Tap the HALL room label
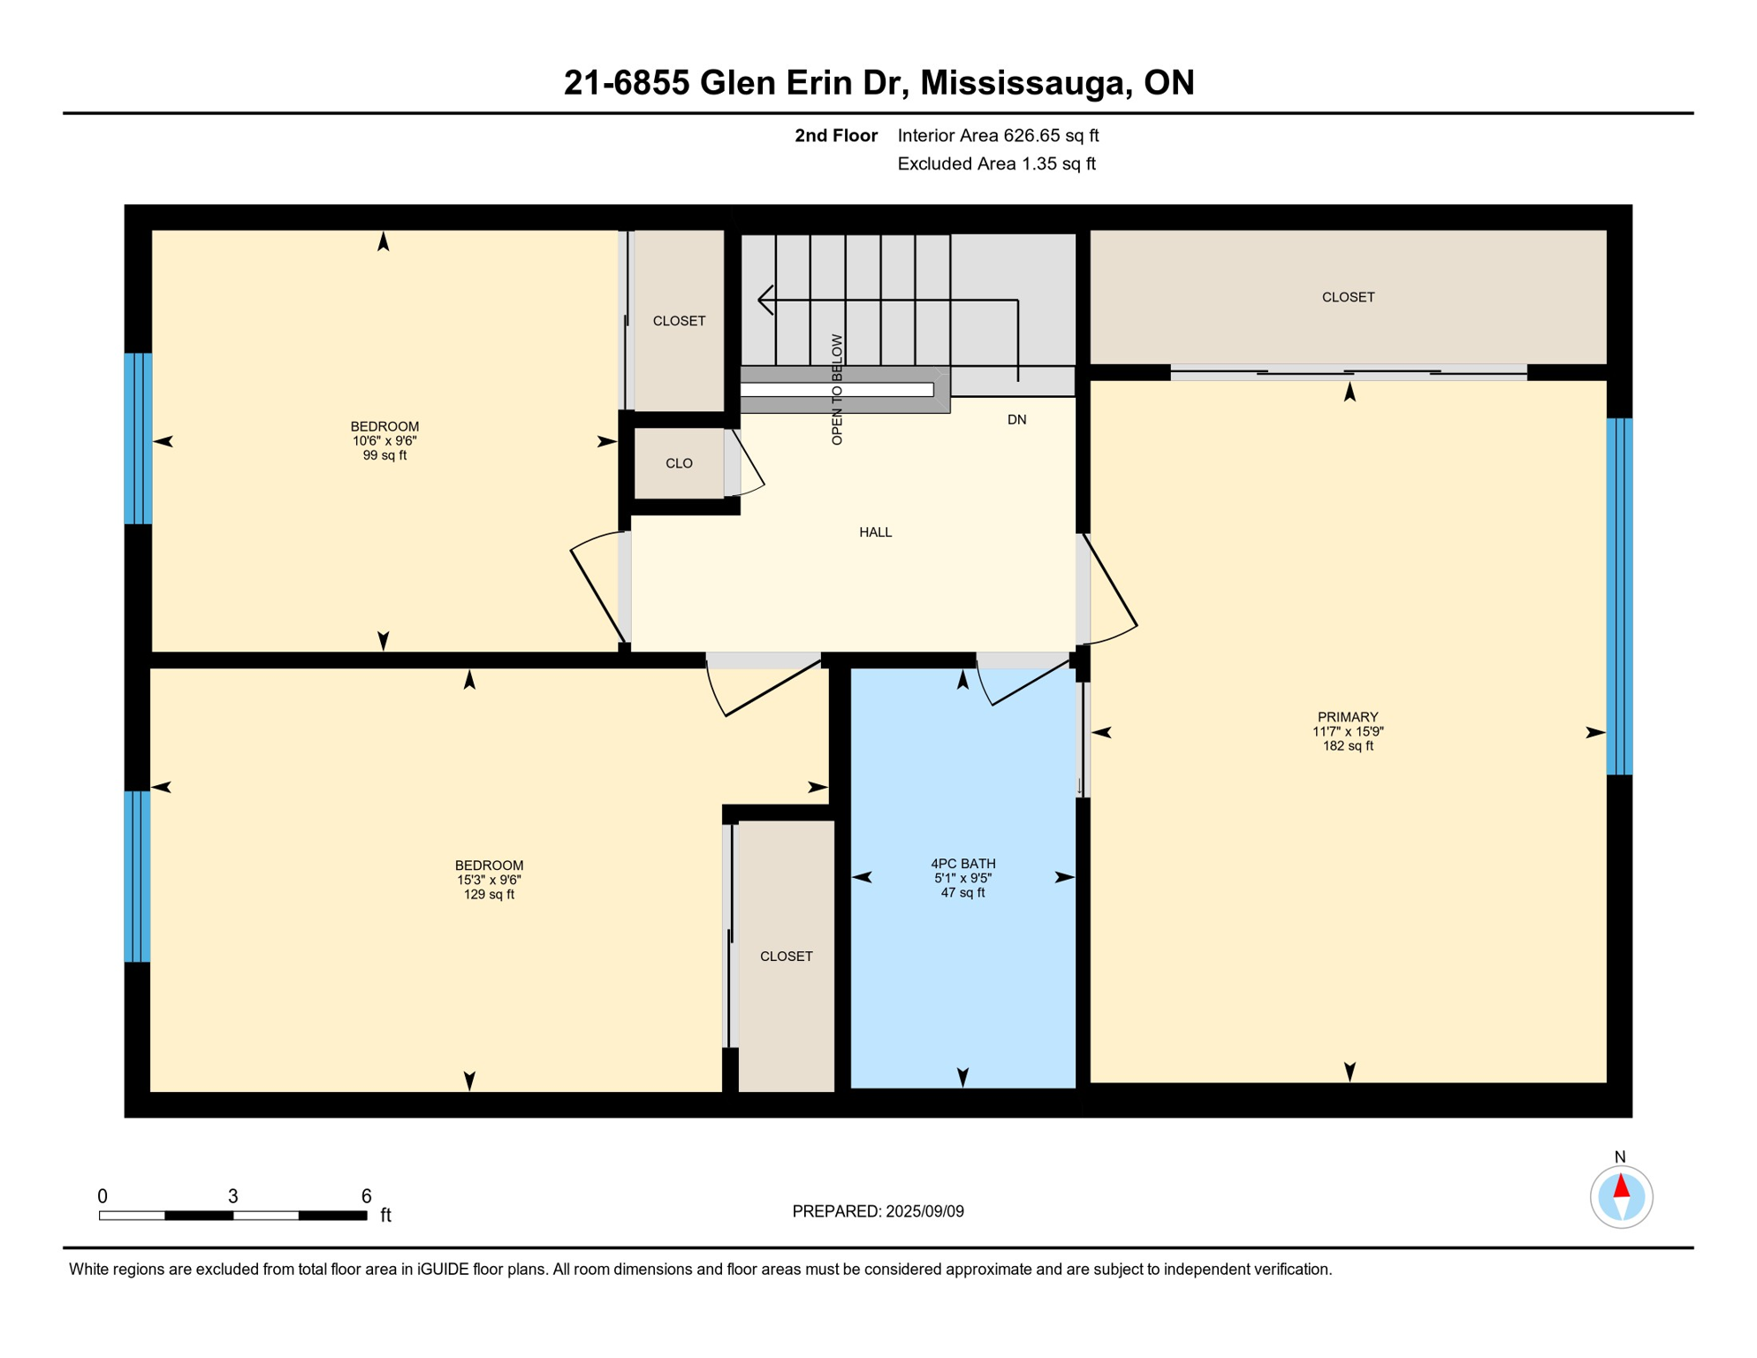(875, 532)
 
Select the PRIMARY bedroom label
(1347, 717)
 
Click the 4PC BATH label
(962, 864)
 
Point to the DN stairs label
(1016, 420)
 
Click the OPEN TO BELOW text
(837, 389)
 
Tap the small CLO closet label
(679, 463)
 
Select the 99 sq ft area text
(384, 455)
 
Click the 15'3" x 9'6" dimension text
(489, 880)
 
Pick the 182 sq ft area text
(1347, 745)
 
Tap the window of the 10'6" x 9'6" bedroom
(138, 439)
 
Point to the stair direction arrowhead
(765, 301)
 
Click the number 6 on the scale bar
(366, 1196)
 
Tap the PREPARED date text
(878, 1211)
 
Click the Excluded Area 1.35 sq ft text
(996, 164)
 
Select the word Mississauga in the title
(1025, 82)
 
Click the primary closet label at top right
(1347, 297)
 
